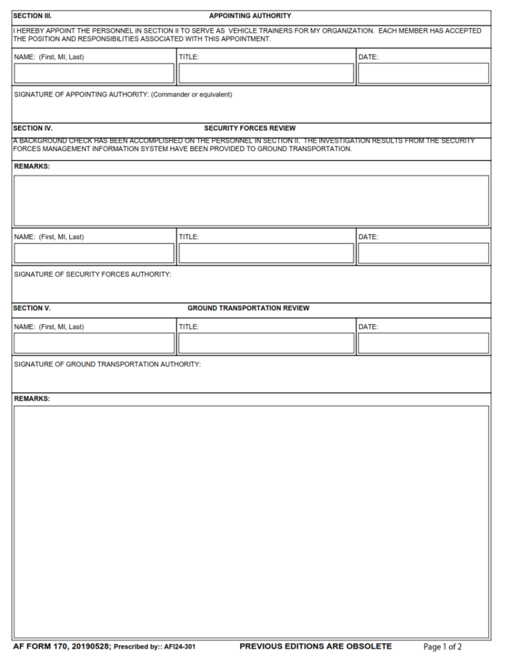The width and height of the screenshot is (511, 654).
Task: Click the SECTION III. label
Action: (33, 15)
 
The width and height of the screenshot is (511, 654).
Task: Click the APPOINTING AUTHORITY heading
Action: (250, 15)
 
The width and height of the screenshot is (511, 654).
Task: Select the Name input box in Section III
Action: (94, 73)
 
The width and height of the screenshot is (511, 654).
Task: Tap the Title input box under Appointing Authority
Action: (266, 73)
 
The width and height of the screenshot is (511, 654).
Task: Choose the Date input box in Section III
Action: (423, 73)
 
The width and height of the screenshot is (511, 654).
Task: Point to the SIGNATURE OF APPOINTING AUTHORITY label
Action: (123, 95)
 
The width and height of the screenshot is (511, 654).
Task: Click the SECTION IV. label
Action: (33, 128)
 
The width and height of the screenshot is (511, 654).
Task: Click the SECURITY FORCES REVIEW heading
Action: (250, 128)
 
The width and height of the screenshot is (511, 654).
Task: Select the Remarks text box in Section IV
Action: (252, 200)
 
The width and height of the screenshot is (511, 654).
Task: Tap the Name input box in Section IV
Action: (94, 253)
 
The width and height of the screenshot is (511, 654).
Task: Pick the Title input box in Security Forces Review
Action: (266, 253)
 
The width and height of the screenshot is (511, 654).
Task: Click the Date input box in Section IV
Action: (423, 253)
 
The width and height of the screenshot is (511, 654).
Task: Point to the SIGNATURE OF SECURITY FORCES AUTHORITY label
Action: (92, 274)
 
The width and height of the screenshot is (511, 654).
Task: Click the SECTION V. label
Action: (32, 308)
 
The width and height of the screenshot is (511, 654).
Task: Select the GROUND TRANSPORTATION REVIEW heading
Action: (248, 308)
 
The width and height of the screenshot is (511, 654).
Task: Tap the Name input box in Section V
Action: (94, 343)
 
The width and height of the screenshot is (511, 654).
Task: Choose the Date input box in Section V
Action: (423, 343)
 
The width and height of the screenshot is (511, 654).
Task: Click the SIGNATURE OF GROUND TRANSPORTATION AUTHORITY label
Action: (107, 364)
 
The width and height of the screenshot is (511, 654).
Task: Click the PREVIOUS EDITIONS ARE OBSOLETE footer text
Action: (315, 646)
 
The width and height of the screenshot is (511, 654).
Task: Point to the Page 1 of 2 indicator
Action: (442, 647)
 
